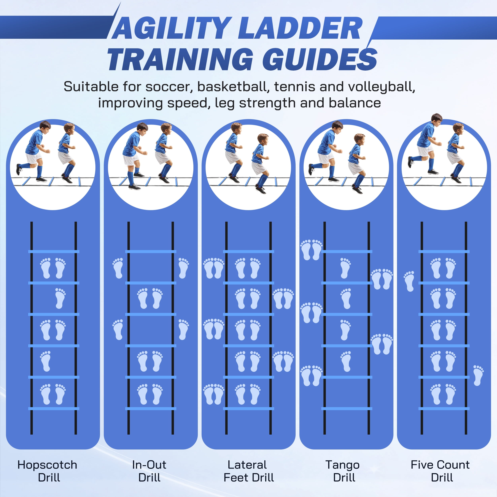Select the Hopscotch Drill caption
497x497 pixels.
(x=48, y=471)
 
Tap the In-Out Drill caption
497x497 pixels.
(x=149, y=471)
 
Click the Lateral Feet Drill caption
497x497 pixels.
(x=248, y=471)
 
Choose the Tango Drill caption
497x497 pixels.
(x=343, y=471)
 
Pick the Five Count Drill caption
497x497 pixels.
(x=440, y=471)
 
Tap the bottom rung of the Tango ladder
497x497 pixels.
(x=347, y=409)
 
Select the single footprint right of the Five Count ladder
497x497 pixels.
(x=478, y=376)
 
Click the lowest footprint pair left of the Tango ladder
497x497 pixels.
(x=311, y=376)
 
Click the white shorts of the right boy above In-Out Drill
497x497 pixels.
(x=162, y=157)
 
